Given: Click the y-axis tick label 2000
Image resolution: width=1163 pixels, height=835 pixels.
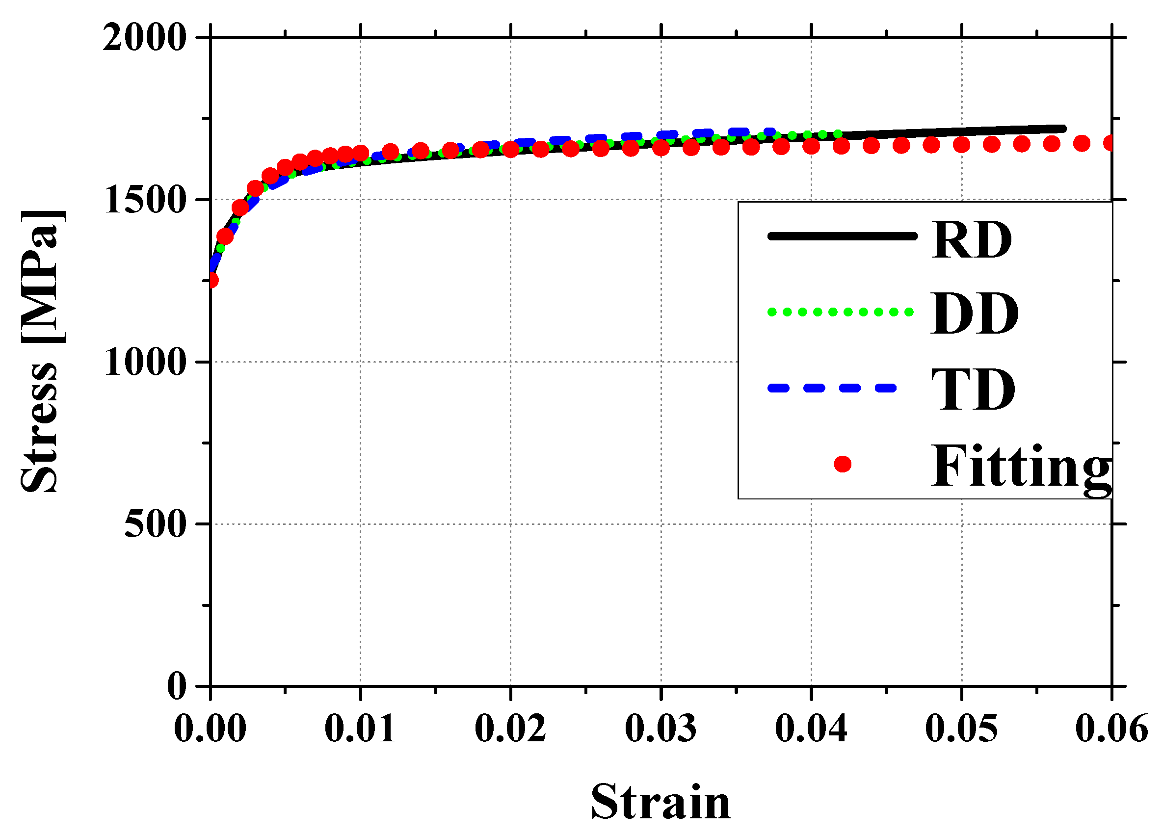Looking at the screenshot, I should click(144, 37).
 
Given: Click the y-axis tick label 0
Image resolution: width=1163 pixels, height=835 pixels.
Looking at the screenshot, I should click(177, 686).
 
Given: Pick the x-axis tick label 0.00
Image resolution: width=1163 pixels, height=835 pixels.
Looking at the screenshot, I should click(210, 729).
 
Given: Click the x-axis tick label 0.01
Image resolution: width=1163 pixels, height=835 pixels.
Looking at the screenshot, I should click(361, 729).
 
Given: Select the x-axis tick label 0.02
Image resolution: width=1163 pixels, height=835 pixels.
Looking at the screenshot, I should click(511, 729).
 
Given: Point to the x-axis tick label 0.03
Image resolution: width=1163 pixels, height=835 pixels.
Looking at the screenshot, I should click(661, 729).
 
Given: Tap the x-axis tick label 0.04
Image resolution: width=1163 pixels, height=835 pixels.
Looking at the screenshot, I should click(811, 729).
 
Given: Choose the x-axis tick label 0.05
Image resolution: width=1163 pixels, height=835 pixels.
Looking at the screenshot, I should click(961, 729).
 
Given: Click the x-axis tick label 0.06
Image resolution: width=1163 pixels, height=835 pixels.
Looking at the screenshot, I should click(1111, 729).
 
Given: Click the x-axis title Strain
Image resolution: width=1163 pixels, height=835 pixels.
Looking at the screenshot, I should click(661, 802).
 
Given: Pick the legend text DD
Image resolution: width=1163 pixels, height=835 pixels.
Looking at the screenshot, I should click(974, 314).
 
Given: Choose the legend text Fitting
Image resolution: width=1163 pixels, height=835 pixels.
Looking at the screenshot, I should click(1020, 466).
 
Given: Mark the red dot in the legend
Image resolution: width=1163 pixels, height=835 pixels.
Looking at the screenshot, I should click(843, 465).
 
